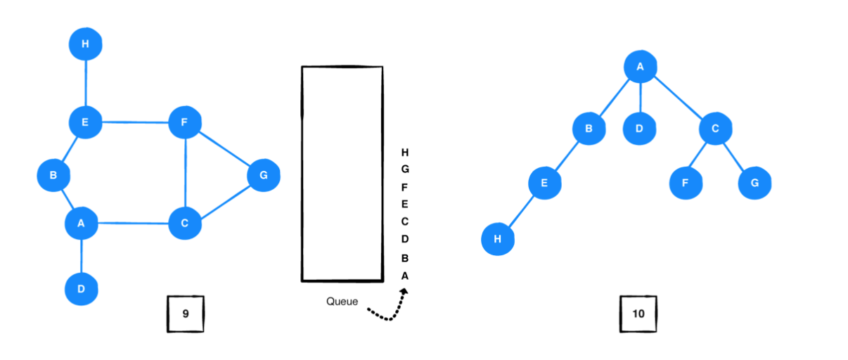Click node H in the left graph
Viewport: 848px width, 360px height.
86,45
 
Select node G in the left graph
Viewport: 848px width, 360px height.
264,175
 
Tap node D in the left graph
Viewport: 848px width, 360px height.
82,288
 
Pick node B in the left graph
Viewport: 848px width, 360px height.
53,175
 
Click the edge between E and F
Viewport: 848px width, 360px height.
135,123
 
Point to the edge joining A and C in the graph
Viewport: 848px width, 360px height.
132,224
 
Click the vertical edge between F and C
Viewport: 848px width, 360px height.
184,174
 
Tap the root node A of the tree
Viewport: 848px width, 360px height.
640,67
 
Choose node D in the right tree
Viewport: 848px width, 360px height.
640,129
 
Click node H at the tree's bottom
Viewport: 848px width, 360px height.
498,239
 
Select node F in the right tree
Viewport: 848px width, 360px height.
685,183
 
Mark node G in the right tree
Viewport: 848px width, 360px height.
754,183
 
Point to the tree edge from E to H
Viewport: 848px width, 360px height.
520,212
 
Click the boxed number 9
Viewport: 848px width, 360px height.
186,314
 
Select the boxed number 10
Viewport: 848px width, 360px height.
638,314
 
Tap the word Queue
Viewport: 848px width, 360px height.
342,302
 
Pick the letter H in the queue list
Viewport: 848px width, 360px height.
404,152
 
